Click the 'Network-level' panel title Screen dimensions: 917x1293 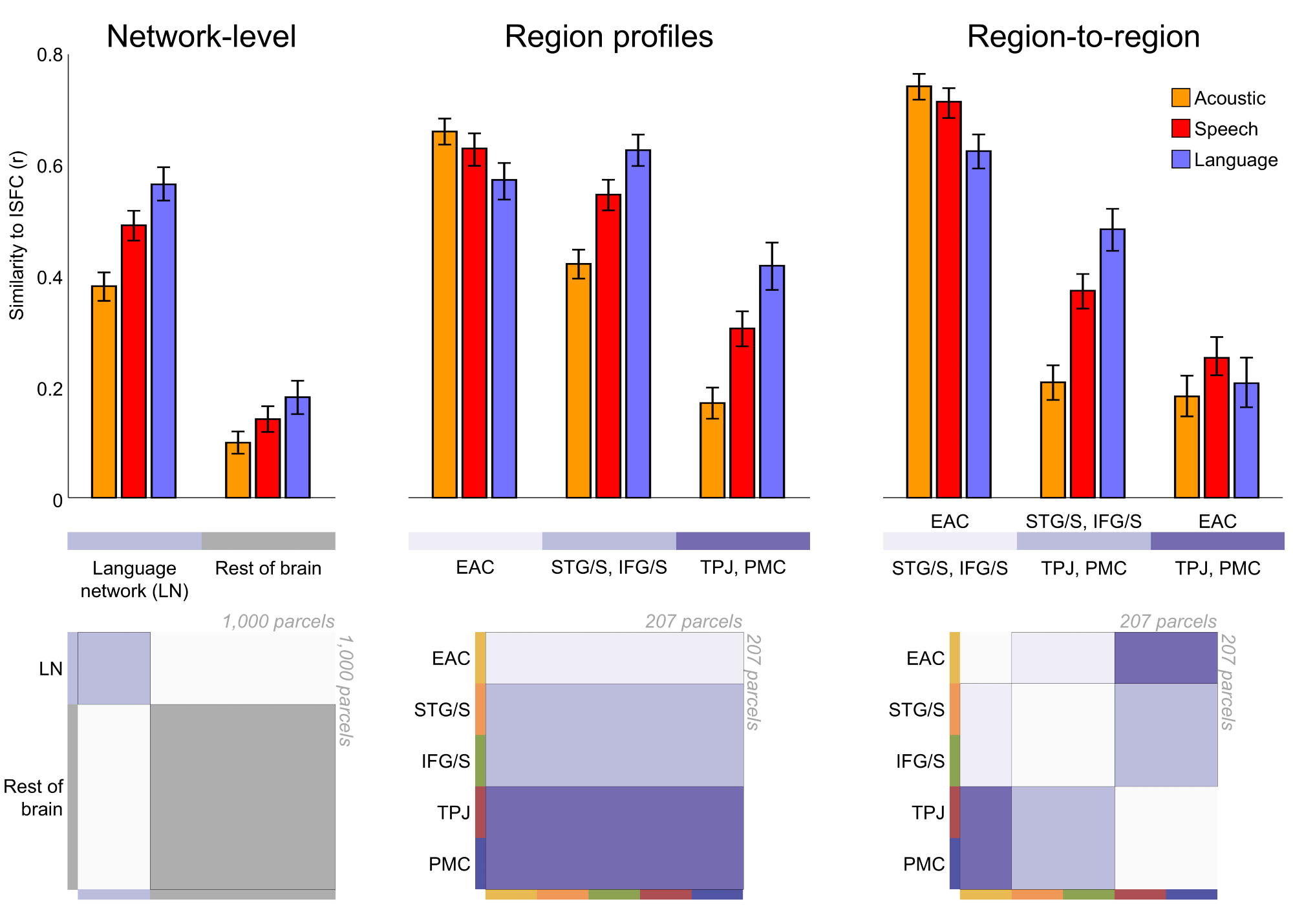click(201, 36)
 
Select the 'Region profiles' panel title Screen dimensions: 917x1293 click(608, 36)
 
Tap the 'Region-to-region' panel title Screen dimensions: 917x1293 click(1083, 36)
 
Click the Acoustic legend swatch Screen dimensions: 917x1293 click(1181, 98)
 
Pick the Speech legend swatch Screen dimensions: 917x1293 click(1181, 128)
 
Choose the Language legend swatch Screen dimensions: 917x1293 click(1181, 159)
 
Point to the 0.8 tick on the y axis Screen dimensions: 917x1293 click(50, 56)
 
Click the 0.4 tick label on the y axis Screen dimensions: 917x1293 click(50, 278)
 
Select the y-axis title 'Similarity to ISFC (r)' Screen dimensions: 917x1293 click(17, 235)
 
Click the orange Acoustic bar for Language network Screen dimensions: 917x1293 click(104, 392)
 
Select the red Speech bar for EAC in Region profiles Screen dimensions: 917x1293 click(475, 323)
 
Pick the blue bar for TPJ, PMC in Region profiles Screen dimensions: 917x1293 click(772, 381)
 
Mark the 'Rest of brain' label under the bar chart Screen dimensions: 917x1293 click(268, 568)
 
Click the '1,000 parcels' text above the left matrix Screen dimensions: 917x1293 click(278, 622)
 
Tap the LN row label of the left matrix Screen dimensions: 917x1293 click(50, 669)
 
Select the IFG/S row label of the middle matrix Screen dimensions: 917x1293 click(445, 761)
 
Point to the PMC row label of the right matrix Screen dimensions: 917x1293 click(924, 864)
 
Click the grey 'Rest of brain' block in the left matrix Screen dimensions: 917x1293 click(242, 797)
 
